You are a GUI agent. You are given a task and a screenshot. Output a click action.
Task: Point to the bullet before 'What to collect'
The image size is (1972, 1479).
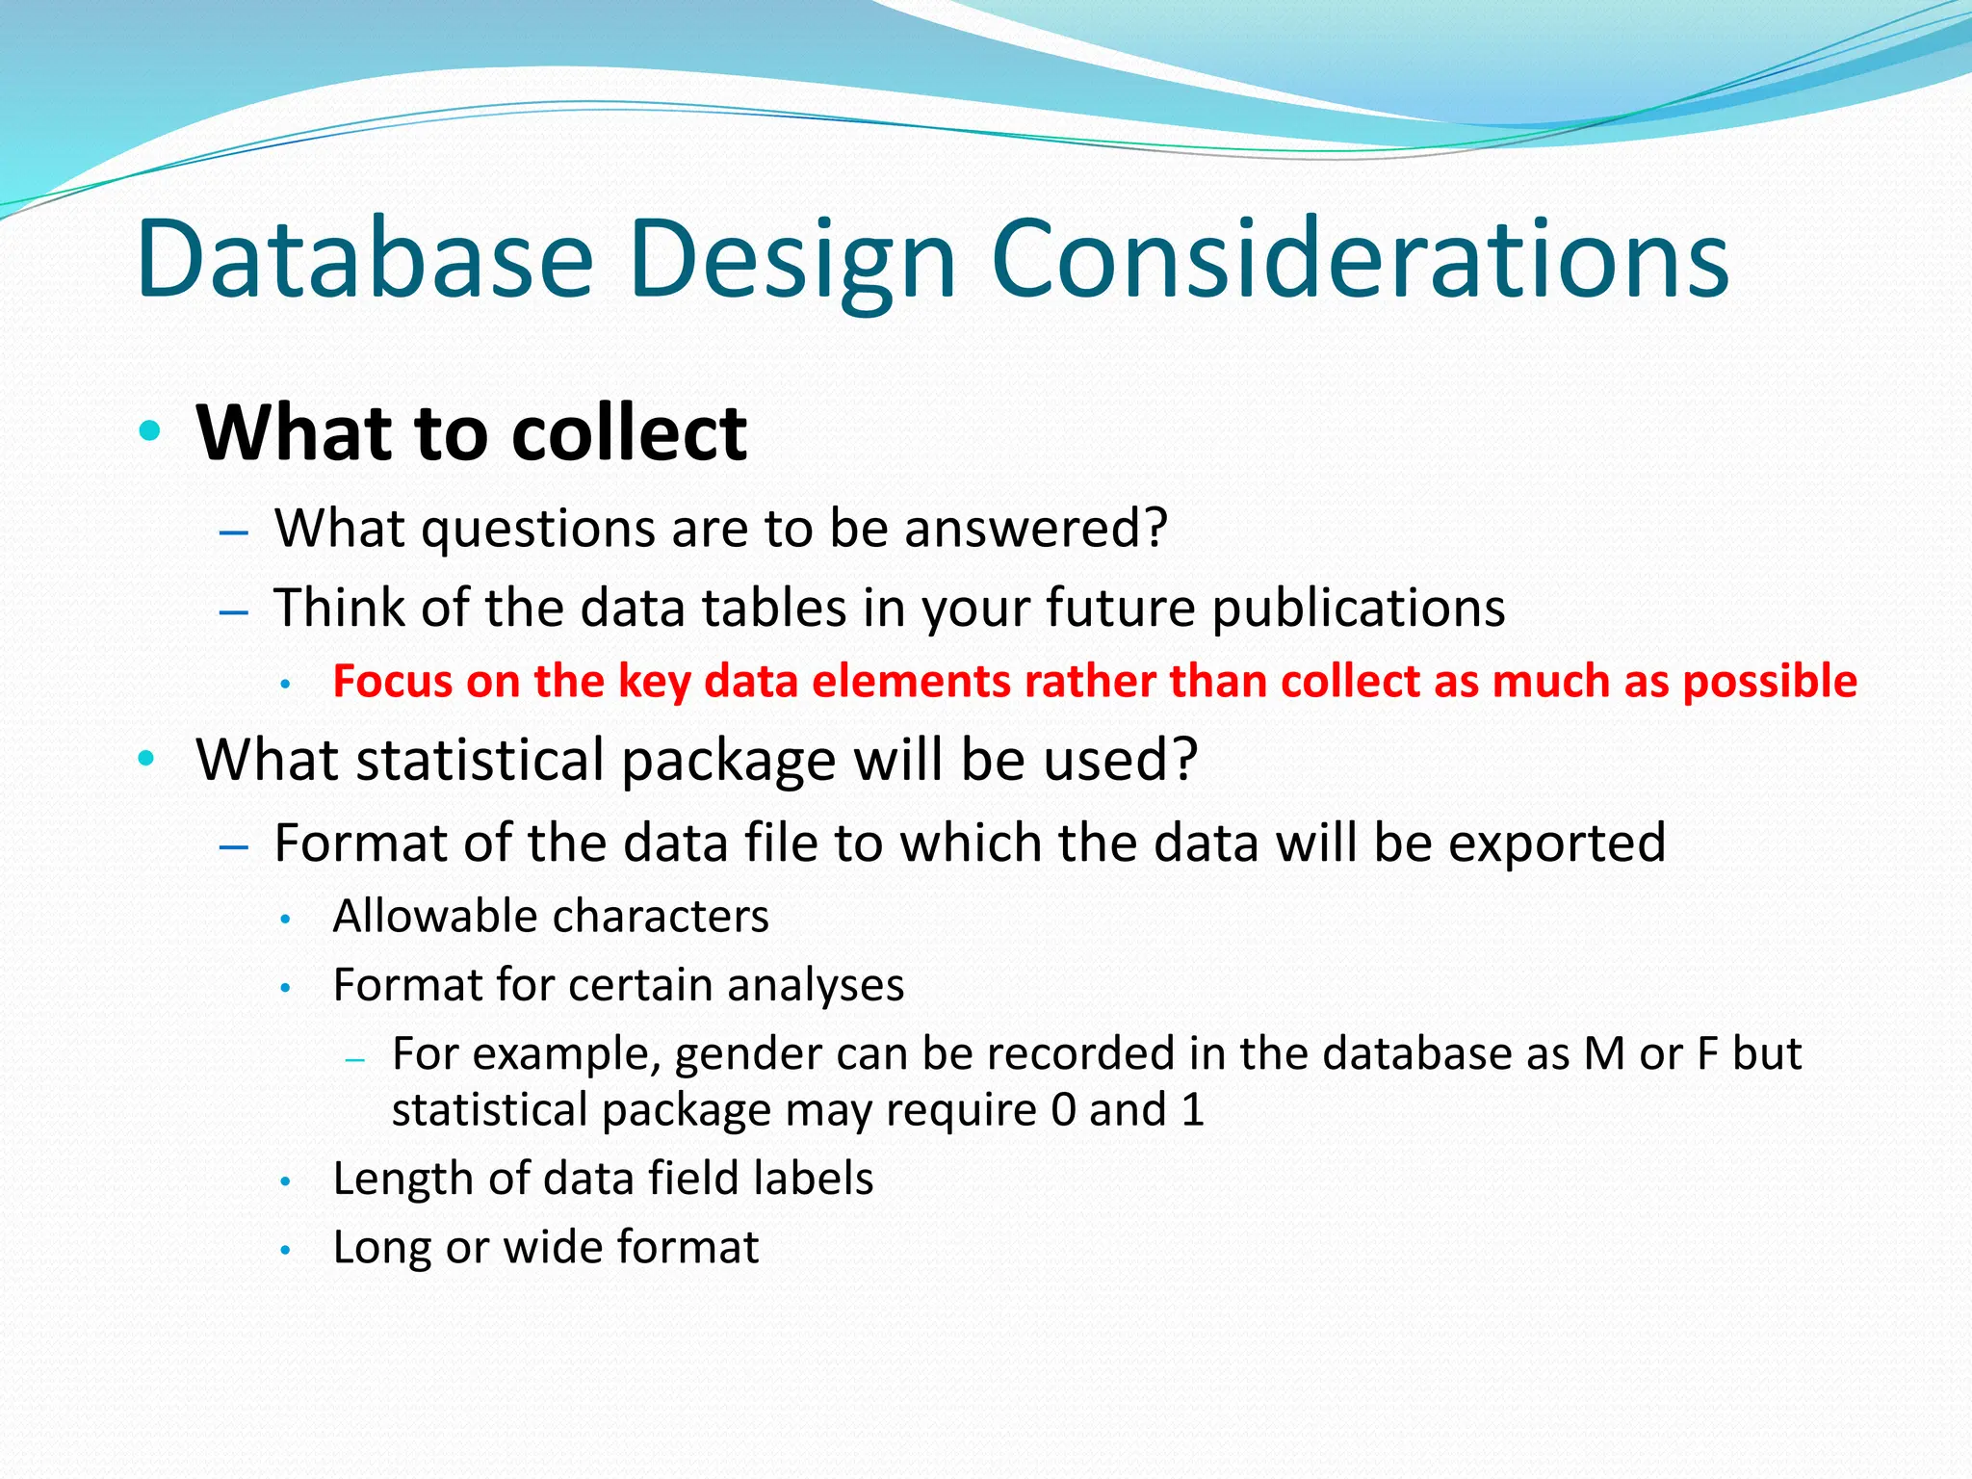[147, 430]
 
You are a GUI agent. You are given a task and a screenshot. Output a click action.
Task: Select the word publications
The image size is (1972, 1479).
[1358, 609]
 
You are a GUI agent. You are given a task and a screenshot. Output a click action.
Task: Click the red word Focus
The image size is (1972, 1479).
[392, 682]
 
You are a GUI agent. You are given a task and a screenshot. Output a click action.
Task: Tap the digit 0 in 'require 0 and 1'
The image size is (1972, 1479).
[1062, 1110]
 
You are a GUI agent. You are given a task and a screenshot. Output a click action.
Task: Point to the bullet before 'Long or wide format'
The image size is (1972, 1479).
[285, 1250]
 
